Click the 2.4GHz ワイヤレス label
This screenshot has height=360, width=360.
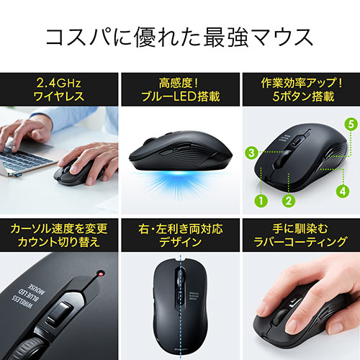[x=60, y=89]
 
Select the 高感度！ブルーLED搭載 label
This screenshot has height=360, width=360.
[x=179, y=89]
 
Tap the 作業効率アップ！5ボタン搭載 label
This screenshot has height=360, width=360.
[x=300, y=89]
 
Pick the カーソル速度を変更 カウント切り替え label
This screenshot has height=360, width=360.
[x=60, y=235]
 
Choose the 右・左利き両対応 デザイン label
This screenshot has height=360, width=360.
[x=179, y=235]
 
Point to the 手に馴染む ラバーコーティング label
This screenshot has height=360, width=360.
[x=300, y=235]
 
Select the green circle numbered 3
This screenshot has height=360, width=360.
[x=251, y=152]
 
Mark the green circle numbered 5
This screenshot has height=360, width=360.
[x=350, y=124]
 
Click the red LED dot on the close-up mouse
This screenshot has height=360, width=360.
[x=99, y=275]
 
